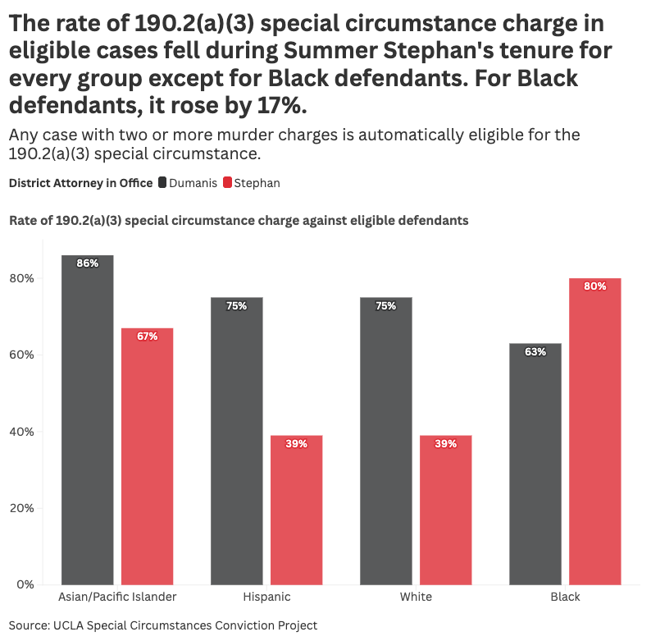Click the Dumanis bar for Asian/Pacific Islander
click(x=88, y=419)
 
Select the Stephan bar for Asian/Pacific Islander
click(x=147, y=456)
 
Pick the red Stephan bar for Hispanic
click(x=296, y=510)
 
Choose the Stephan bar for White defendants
click(x=445, y=510)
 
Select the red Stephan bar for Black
click(x=594, y=431)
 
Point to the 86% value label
click(x=88, y=263)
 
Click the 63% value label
click(x=535, y=352)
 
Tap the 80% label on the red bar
click(x=594, y=286)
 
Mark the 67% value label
click(x=147, y=337)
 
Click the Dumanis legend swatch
click(x=162, y=183)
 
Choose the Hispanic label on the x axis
click(x=266, y=597)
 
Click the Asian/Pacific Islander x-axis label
click(x=117, y=597)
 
